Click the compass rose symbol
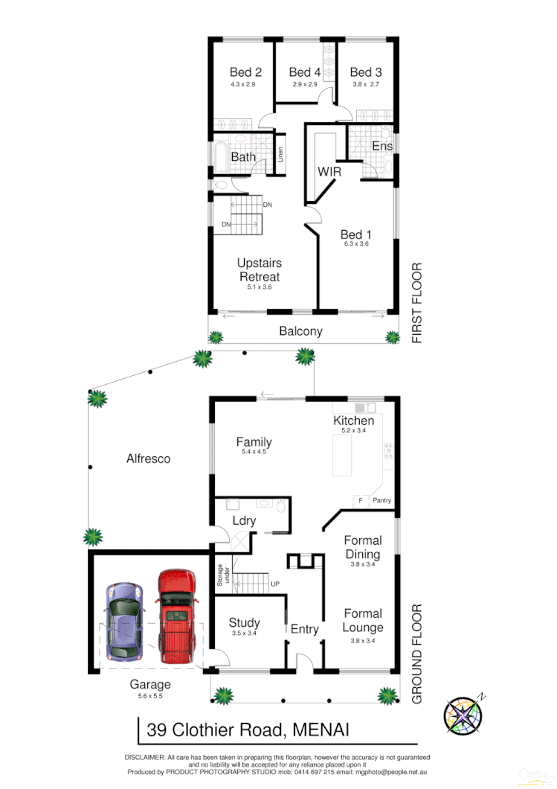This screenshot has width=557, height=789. [463, 715]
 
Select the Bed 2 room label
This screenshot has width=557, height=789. [245, 72]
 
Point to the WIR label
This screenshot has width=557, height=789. [329, 171]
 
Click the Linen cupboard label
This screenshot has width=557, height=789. [280, 155]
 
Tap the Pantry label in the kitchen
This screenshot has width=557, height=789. [382, 500]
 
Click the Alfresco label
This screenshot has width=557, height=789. [148, 459]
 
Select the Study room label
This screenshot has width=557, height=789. [244, 622]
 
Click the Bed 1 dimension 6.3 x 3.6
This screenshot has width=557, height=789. [355, 244]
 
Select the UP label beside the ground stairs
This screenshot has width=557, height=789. [275, 584]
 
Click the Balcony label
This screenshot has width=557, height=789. [300, 330]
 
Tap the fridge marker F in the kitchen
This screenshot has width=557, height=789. [360, 500]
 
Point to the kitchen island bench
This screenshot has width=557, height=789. [342, 454]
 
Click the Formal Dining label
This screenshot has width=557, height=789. [363, 547]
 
